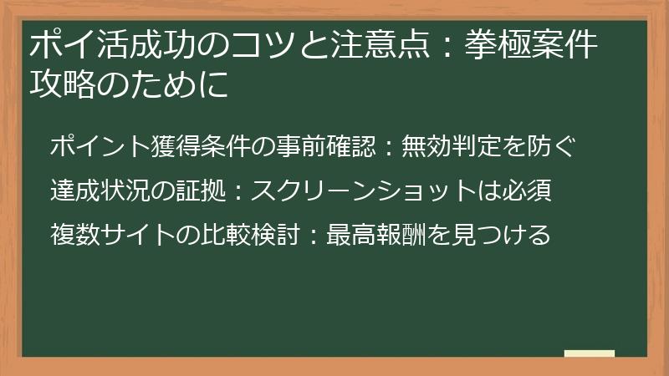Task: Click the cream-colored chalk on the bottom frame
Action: click(590, 353)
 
